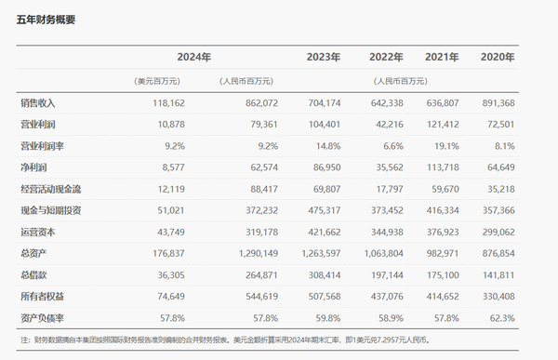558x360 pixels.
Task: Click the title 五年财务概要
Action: point(46,20)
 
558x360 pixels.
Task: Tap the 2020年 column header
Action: point(498,58)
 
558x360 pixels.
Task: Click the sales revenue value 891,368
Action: point(496,101)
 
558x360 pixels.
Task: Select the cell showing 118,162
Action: point(163,101)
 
